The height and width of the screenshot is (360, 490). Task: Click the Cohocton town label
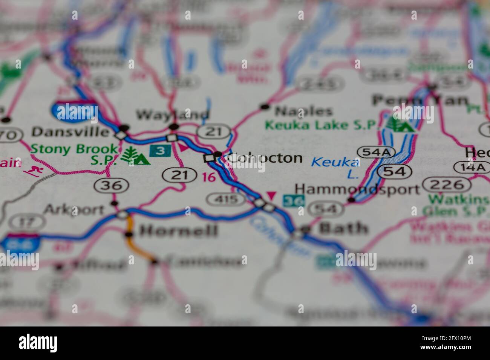(x=265, y=158)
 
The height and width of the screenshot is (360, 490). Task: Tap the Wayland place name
(x=172, y=114)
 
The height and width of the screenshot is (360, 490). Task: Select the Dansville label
(x=70, y=131)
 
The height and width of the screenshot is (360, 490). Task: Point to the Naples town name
(x=304, y=111)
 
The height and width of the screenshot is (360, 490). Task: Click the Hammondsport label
(x=357, y=189)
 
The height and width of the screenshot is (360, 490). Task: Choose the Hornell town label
(x=179, y=230)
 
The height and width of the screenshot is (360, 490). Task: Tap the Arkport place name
(x=74, y=209)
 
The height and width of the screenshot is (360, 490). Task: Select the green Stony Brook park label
(x=74, y=149)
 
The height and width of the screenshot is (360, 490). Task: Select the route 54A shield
(x=376, y=152)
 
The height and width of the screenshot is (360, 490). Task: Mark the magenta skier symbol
(x=34, y=170)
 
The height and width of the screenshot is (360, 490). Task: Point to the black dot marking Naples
(x=265, y=107)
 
